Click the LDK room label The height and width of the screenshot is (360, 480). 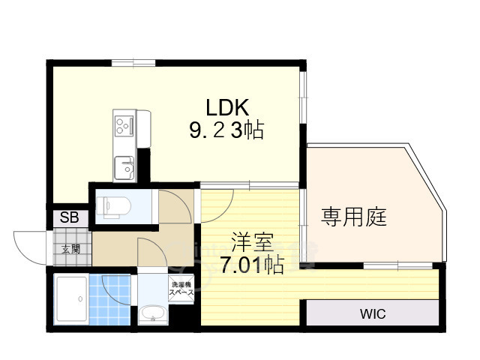click(x=226, y=107)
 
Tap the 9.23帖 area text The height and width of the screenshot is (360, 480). click(x=226, y=130)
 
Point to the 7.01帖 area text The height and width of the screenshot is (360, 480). click(x=252, y=265)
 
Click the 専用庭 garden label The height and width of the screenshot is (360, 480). click(x=354, y=217)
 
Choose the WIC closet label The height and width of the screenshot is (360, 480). click(x=373, y=313)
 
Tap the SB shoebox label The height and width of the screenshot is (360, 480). click(x=70, y=217)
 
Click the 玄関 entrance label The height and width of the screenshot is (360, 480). click(x=70, y=249)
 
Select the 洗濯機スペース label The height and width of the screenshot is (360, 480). click(x=181, y=289)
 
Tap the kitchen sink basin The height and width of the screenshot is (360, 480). click(x=124, y=167)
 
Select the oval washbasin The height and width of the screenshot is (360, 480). click(x=152, y=314)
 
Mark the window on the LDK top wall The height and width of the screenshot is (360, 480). click(x=133, y=63)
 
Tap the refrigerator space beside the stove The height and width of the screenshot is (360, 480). click(x=143, y=128)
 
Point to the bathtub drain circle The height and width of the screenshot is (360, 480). click(x=80, y=298)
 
